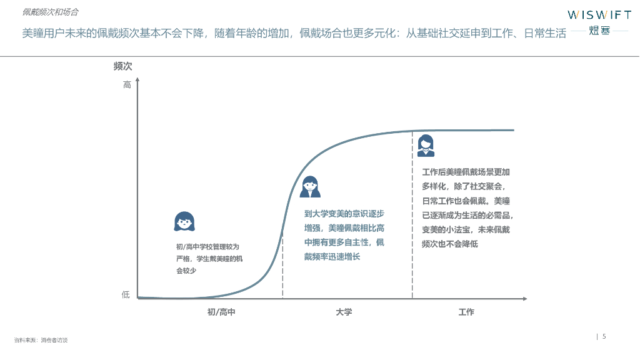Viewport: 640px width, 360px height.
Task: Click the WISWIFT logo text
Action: point(599,15)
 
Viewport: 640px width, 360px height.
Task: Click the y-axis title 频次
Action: point(122,66)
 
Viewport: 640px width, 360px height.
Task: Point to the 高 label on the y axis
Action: point(127,85)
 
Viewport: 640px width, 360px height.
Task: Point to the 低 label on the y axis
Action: point(126,294)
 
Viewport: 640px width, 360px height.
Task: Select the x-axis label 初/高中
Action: point(221,312)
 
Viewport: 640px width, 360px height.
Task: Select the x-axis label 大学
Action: point(344,312)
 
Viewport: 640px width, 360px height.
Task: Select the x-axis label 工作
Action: point(466,312)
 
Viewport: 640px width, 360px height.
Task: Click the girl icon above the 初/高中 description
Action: point(184,222)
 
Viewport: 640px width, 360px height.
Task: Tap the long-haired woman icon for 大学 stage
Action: point(310,186)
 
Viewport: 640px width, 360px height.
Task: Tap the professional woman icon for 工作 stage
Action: point(426,146)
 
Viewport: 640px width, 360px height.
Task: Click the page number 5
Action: point(604,336)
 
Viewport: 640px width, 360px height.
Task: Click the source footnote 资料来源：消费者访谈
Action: point(41,340)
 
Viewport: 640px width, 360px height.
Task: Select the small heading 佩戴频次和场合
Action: point(50,12)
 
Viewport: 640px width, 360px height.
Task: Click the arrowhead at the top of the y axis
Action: point(137,81)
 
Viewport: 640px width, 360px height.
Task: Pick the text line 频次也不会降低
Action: point(450,244)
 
